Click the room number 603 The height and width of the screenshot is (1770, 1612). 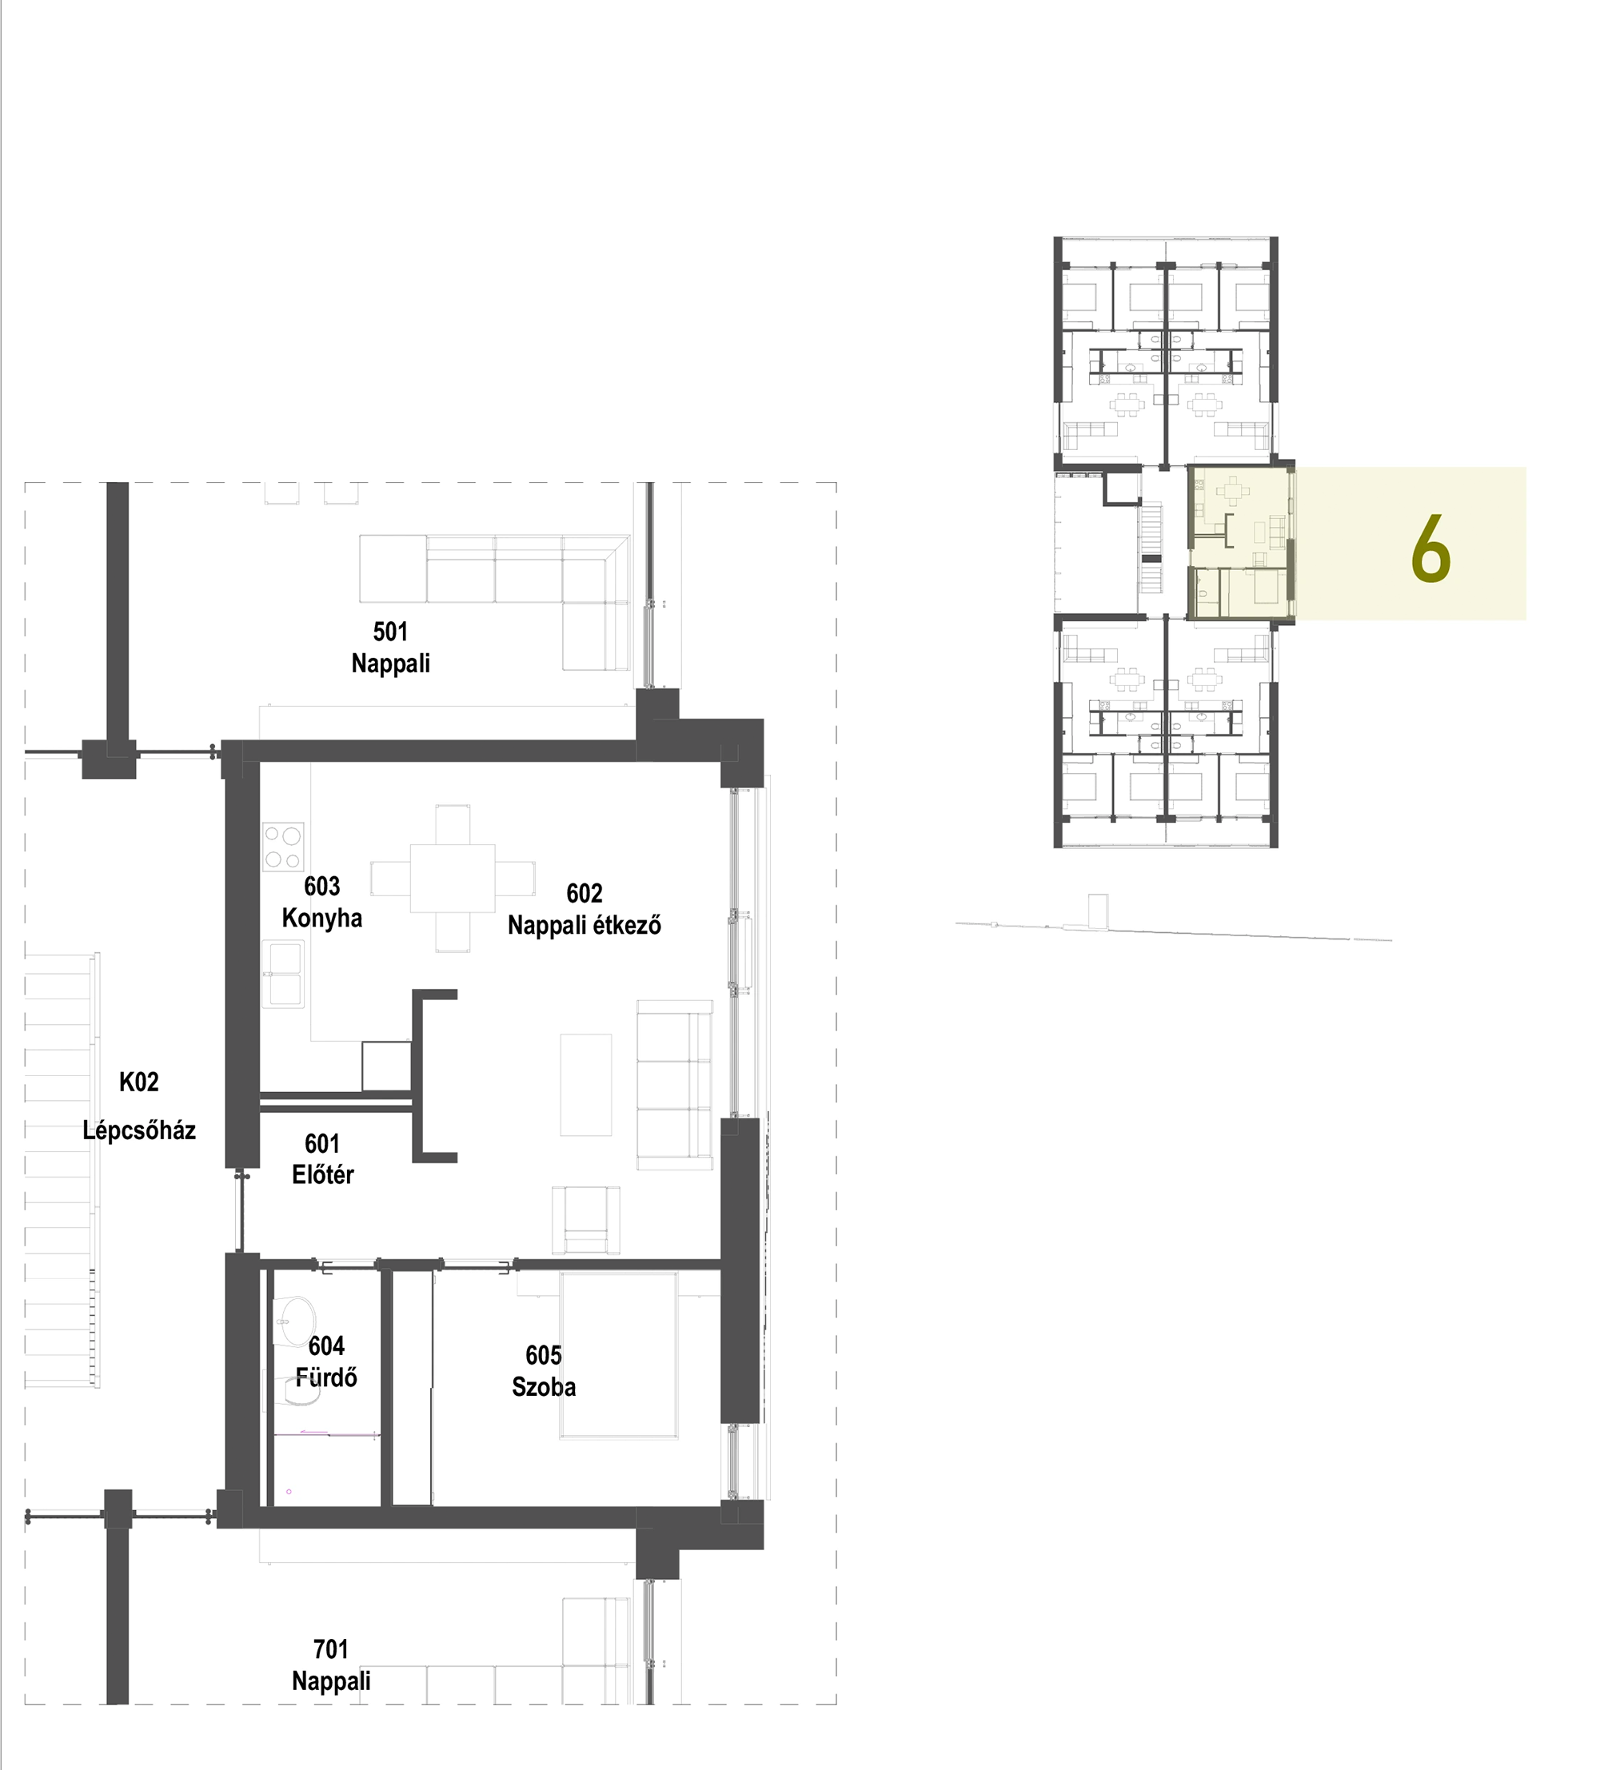pyautogui.click(x=321, y=886)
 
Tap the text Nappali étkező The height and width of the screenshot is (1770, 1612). pyautogui.click(x=584, y=926)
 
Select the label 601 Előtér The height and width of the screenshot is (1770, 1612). pyautogui.click(x=322, y=1159)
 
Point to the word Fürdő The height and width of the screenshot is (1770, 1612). pyautogui.click(x=325, y=1377)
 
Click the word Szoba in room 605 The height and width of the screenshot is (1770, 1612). pyautogui.click(x=544, y=1387)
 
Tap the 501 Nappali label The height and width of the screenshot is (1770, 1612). pyautogui.click(x=391, y=647)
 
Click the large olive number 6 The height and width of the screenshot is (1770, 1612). pyautogui.click(x=1430, y=548)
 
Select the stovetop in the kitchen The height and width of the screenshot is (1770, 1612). pyautogui.click(x=283, y=847)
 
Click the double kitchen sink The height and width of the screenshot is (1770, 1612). pyautogui.click(x=283, y=974)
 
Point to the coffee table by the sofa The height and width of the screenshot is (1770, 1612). pyautogui.click(x=585, y=1084)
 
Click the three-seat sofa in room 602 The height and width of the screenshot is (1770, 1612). pyautogui.click(x=674, y=1084)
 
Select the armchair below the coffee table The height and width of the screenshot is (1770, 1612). pyautogui.click(x=585, y=1221)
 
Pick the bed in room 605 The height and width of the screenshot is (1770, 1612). pyautogui.click(x=619, y=1357)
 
